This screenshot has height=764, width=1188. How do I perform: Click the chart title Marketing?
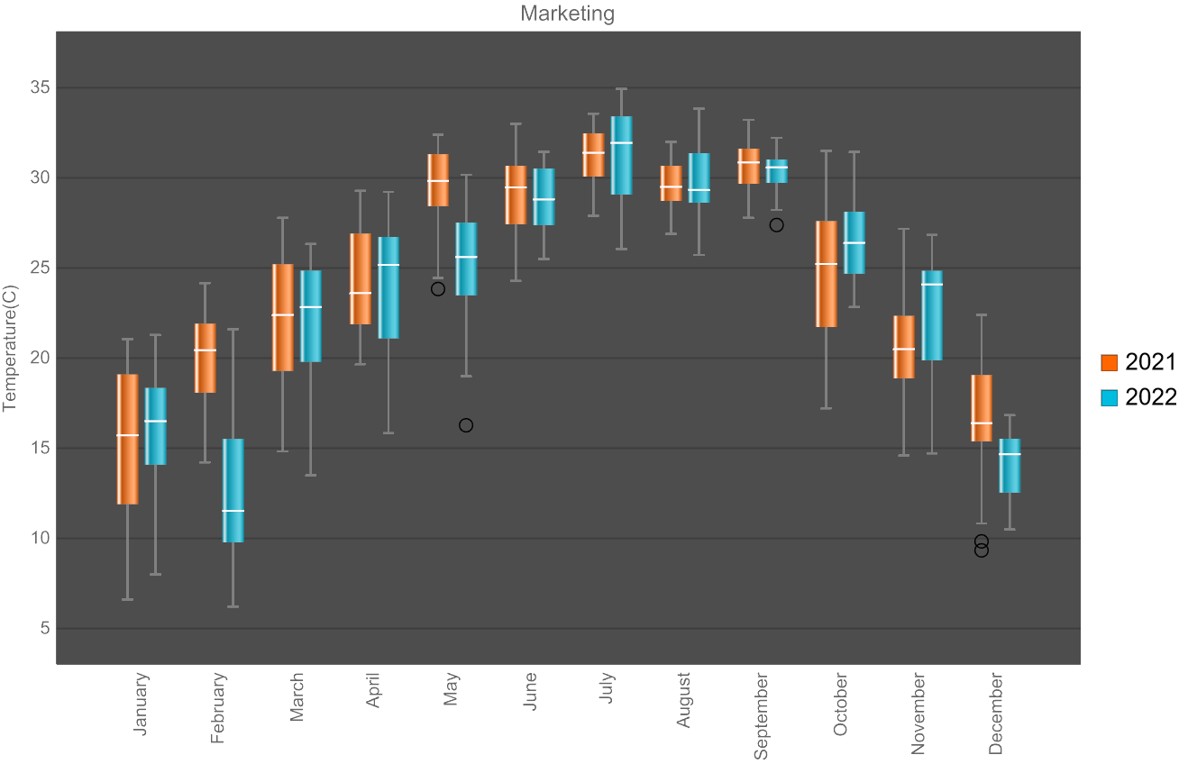pyautogui.click(x=568, y=14)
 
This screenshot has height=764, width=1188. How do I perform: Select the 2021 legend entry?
pyautogui.click(x=1138, y=362)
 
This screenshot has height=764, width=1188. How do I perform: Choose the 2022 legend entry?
pyautogui.click(x=1138, y=397)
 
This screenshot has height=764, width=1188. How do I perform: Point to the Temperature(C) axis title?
pyautogui.click(x=11, y=349)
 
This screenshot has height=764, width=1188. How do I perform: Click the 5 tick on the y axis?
pyautogui.click(x=44, y=629)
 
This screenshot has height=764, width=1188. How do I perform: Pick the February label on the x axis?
pyautogui.click(x=218, y=708)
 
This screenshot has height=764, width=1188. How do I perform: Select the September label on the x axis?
pyautogui.click(x=762, y=715)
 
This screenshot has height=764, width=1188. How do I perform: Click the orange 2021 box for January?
pyautogui.click(x=128, y=439)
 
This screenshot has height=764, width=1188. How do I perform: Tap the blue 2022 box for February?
pyautogui.click(x=233, y=490)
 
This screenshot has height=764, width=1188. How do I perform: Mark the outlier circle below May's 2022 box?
pyautogui.click(x=466, y=425)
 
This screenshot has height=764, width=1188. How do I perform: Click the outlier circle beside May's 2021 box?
pyautogui.click(x=438, y=289)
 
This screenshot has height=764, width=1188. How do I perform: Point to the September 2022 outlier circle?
pyautogui.click(x=776, y=225)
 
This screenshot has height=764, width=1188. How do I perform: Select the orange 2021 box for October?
pyautogui.click(x=827, y=274)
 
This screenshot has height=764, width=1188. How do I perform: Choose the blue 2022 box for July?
pyautogui.click(x=621, y=155)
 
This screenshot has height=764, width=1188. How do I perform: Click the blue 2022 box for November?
pyautogui.click(x=932, y=315)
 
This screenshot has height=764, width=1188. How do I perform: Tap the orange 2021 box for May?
pyautogui.click(x=438, y=180)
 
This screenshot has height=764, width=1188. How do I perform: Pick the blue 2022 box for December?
pyautogui.click(x=1010, y=466)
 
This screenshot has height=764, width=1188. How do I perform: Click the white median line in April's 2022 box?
pyautogui.click(x=388, y=265)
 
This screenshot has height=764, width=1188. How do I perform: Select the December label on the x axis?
pyautogui.click(x=996, y=714)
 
